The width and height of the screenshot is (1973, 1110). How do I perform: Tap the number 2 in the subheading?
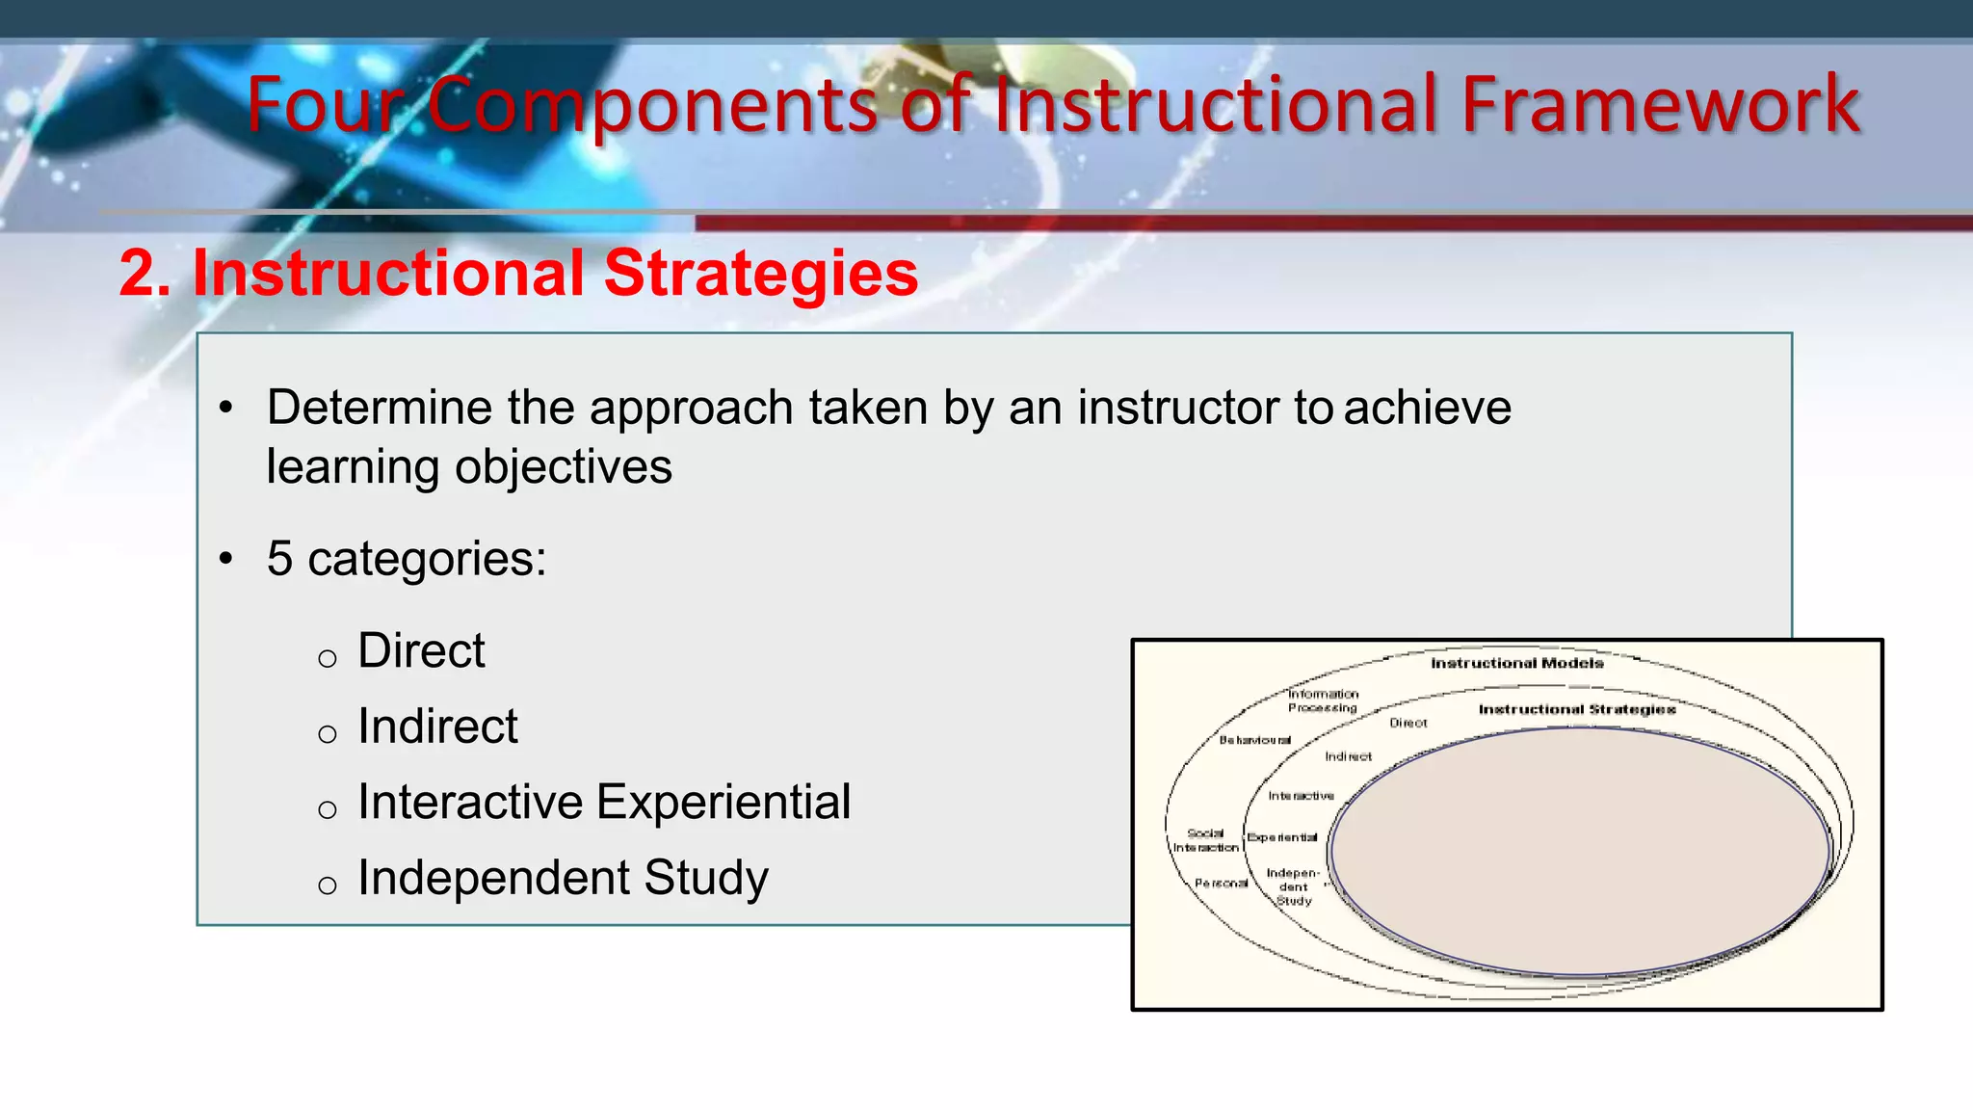pos(138,274)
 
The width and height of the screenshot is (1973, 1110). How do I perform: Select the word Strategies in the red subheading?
pos(761,274)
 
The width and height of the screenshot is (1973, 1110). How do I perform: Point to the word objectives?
pos(564,467)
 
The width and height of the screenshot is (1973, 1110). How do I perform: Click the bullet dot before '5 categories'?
pos(226,559)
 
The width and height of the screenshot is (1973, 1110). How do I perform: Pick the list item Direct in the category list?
pos(421,651)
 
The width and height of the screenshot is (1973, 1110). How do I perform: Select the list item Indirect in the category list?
pos(437,727)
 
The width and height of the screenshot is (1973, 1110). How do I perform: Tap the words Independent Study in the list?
pos(563,878)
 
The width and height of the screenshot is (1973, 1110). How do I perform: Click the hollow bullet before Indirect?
pos(328,735)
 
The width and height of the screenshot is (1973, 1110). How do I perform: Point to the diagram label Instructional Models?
pos(1516,663)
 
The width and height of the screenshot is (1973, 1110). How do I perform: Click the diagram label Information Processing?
pos(1323,700)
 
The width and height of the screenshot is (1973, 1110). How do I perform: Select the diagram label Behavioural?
pos(1254,740)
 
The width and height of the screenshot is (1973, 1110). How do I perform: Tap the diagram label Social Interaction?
pos(1205,840)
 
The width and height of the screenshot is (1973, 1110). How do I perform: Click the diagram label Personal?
pos(1221,883)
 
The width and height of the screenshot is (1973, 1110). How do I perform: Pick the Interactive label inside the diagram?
pos(1301,796)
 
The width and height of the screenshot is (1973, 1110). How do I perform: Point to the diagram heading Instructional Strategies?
pos(1576,709)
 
